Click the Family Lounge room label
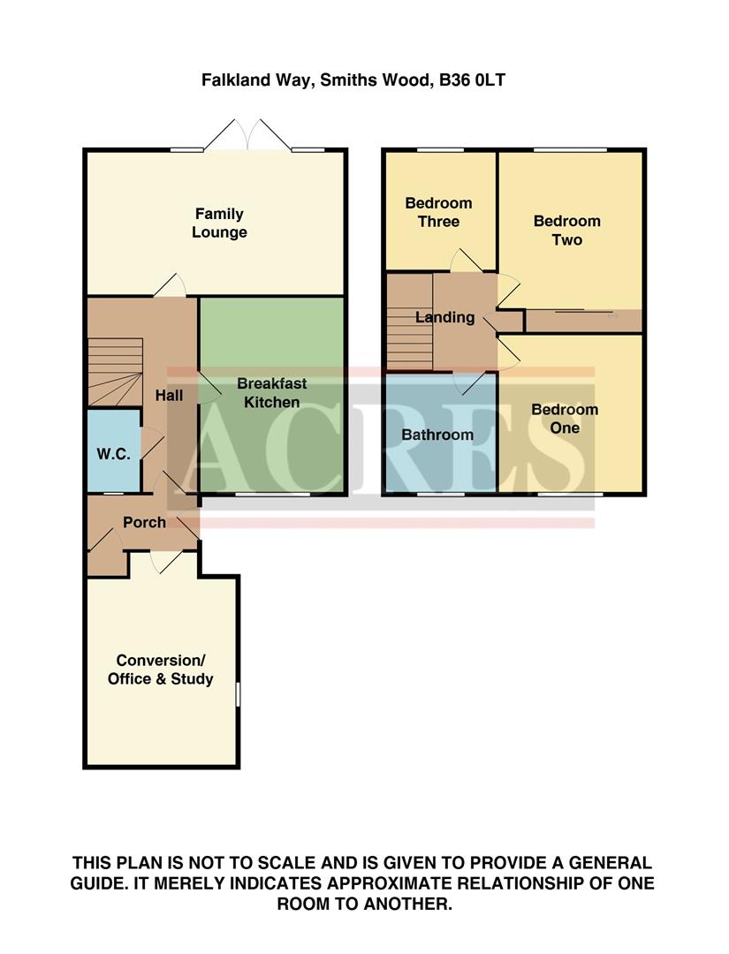pos(220,223)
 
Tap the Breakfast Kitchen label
pos(271,393)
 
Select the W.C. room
pos(113,453)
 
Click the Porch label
pos(144,522)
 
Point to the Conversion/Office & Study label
pos(160,670)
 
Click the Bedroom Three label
pos(438,212)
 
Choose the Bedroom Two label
pos(566,230)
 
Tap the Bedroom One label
pos(565,419)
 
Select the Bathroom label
pos(437,435)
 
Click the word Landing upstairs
pos(444,317)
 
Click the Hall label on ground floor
pos(170,395)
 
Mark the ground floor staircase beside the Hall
pos(114,371)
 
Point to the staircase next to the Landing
pos(407,322)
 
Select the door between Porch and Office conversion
pos(165,564)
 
